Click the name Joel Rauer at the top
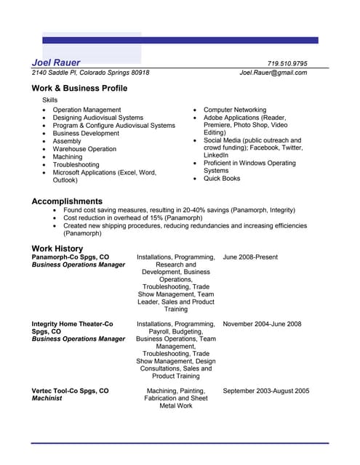[56, 62]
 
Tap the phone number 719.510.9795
[287, 63]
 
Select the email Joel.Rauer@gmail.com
[273, 73]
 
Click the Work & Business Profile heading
[79, 88]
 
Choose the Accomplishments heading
[67, 201]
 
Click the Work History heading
[57, 248]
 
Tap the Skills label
[49, 100]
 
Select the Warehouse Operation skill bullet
[84, 149]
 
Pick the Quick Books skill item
[222, 178]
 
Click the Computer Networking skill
[235, 110]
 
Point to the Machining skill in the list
[68, 157]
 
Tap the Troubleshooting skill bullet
[76, 165]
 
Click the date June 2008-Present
[250, 257]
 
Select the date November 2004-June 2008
[262, 324]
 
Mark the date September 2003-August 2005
[265, 391]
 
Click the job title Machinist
[47, 398]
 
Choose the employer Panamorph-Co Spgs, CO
[71, 257]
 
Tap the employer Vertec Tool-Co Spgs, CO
[70, 391]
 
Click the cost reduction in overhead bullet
[132, 217]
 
